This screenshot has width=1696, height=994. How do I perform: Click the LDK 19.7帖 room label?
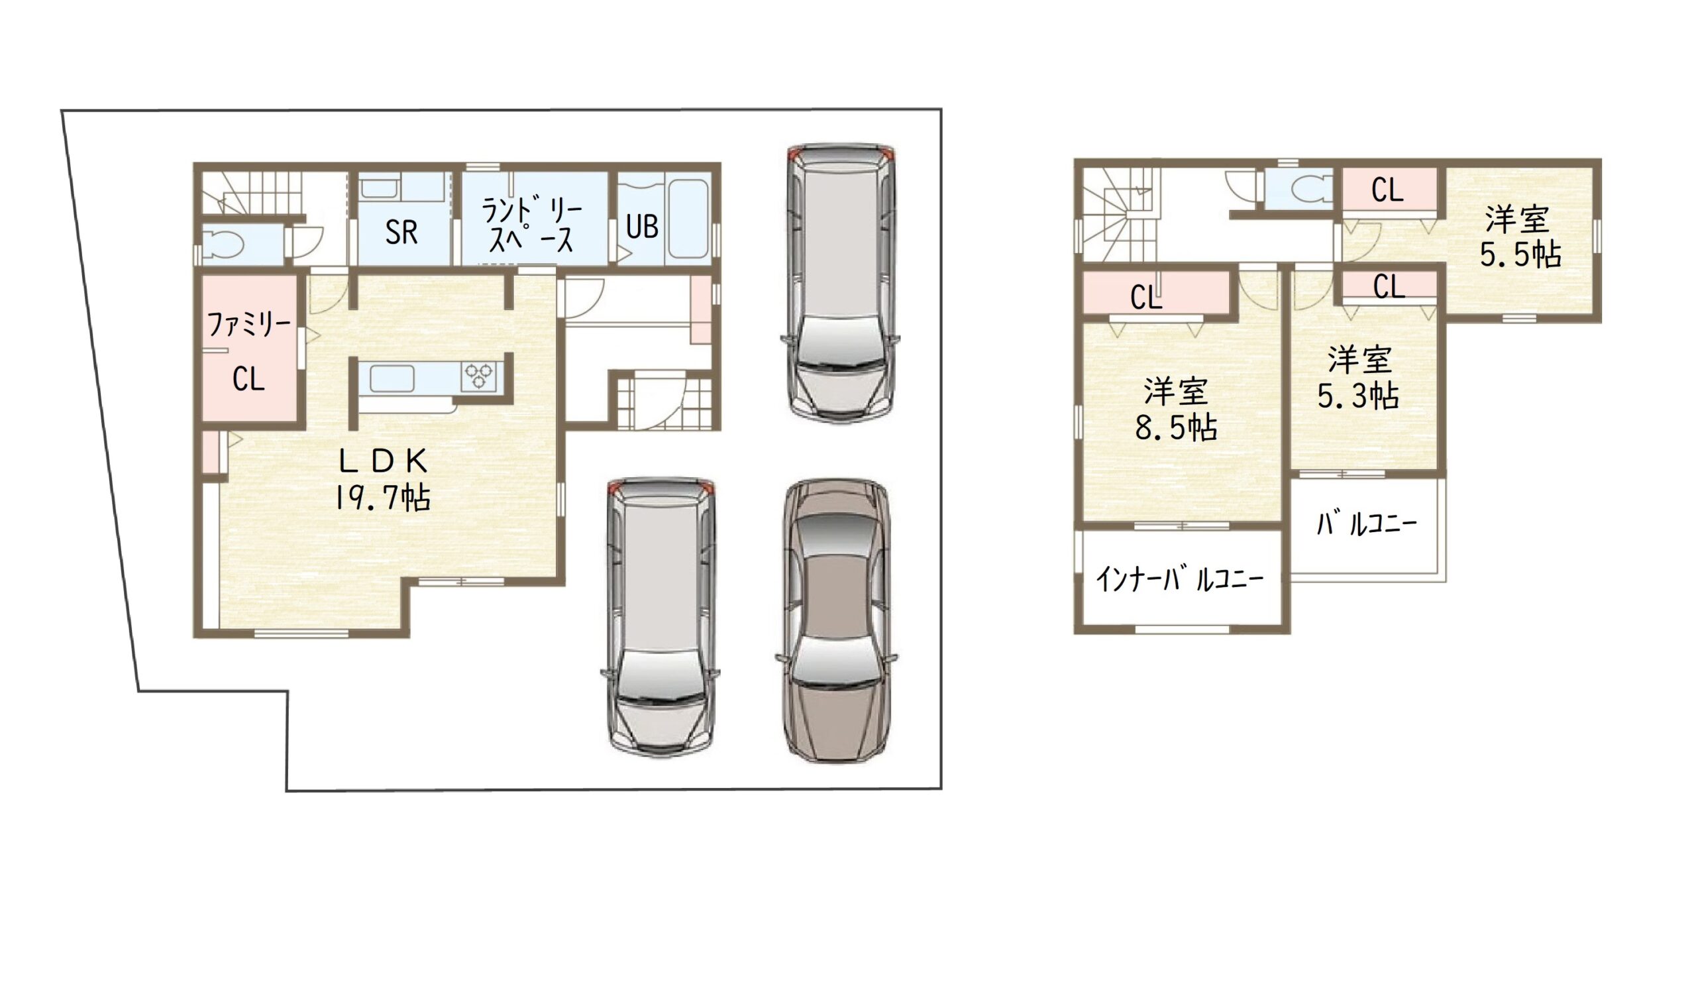click(383, 480)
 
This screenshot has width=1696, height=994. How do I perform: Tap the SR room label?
click(401, 232)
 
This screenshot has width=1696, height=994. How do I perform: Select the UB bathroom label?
click(641, 227)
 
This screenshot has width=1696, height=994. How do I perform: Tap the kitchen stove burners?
click(478, 376)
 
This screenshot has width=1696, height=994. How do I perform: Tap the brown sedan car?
click(837, 620)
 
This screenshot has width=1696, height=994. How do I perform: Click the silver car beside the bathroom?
click(841, 284)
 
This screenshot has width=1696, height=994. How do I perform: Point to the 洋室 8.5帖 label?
click(1176, 408)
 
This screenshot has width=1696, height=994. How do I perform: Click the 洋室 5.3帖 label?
click(1358, 378)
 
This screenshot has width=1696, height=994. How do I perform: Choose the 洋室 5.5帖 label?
click(1520, 237)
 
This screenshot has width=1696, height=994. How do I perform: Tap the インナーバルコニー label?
click(1179, 579)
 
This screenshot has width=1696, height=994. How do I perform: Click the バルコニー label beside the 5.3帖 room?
click(1367, 524)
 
